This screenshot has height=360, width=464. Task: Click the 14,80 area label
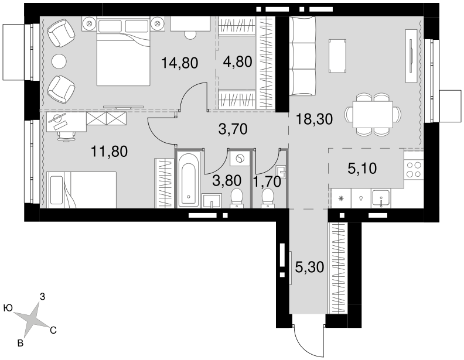coord(180,63)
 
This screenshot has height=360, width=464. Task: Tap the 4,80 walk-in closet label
coord(238,62)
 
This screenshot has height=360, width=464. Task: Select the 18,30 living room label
coord(314,119)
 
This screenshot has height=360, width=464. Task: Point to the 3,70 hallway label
coord(233,129)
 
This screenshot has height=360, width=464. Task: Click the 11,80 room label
coord(110,152)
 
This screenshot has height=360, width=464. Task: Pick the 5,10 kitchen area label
coord(362,169)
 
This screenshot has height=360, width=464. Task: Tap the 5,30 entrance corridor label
coord(309,268)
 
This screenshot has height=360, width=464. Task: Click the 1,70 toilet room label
coord(267,181)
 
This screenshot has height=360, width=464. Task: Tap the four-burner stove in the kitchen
coord(414,170)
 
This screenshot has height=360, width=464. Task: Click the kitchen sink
coord(381,198)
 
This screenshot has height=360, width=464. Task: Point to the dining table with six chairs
coord(373,114)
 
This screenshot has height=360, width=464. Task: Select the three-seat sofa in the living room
coord(302,56)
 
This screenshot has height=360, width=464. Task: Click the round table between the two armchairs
coord(59,61)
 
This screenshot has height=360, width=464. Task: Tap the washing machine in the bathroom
coord(239,159)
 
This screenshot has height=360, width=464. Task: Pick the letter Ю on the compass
coord(8,308)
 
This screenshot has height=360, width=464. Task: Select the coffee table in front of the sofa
coord(337,56)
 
